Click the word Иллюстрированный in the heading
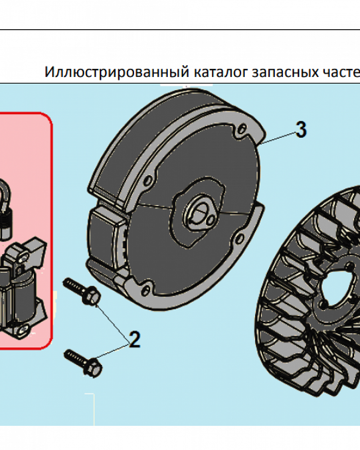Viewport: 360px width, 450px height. pyautogui.click(x=116, y=72)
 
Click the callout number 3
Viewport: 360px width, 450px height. pyautogui.click(x=301, y=130)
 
